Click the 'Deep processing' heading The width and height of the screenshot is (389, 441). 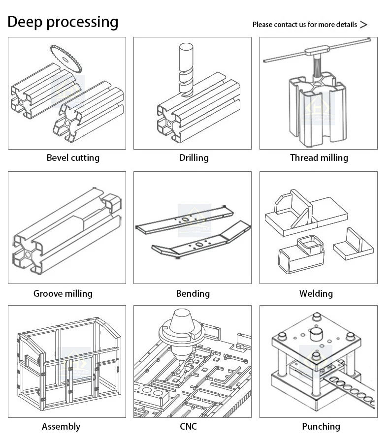pyautogui.click(x=63, y=22)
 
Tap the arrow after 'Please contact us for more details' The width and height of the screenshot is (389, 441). pyautogui.click(x=364, y=25)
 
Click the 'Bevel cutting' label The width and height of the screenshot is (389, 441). pyautogui.click(x=73, y=157)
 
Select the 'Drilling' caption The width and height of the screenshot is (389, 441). pyautogui.click(x=194, y=157)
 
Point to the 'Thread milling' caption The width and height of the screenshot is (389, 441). pyautogui.click(x=319, y=157)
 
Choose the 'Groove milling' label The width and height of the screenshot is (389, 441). pyautogui.click(x=63, y=293)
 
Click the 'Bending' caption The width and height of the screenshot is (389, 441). pyautogui.click(x=193, y=293)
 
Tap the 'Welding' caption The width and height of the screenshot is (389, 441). pyautogui.click(x=316, y=293)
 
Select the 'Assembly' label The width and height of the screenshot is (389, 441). pyautogui.click(x=61, y=426)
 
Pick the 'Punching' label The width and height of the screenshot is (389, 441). pyautogui.click(x=321, y=426)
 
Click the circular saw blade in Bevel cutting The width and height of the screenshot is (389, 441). pyautogui.click(x=66, y=58)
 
